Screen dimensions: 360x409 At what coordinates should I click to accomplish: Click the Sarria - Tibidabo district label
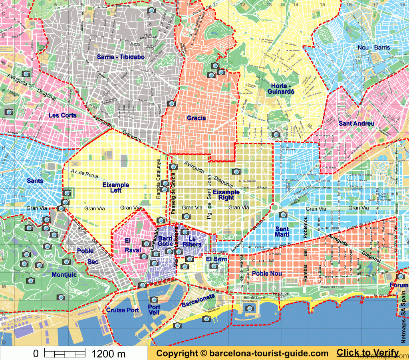pos(120,57)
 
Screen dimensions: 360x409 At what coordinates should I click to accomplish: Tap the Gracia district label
pos(196,118)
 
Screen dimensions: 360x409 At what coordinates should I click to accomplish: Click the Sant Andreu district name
pos(356,123)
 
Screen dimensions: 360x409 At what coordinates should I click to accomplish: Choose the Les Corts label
pos(62,115)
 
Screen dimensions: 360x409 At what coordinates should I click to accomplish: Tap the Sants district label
pos(35,181)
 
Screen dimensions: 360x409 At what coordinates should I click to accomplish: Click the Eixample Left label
pos(115,188)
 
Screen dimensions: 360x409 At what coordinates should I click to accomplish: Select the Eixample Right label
pos(226,195)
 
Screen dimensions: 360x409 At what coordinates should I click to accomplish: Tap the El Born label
pos(216,259)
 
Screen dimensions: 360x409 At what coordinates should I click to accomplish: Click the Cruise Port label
pos(123,310)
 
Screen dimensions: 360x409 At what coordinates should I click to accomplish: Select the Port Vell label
pos(154,310)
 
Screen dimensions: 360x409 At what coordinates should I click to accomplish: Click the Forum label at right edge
pos(399,285)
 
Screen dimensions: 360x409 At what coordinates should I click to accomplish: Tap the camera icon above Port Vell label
pos(154,299)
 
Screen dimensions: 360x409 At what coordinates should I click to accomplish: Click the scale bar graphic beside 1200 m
pos(65,353)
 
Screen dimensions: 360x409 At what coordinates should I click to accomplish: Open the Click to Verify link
pos(367,353)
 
